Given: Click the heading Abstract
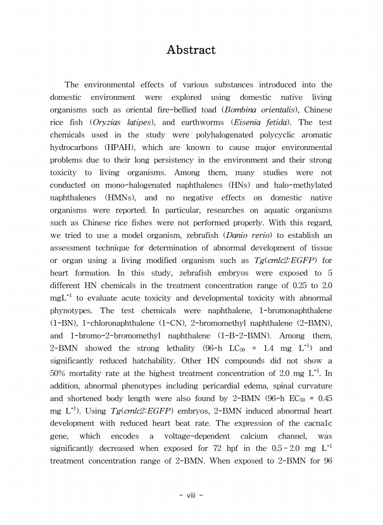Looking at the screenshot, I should pos(191,49).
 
